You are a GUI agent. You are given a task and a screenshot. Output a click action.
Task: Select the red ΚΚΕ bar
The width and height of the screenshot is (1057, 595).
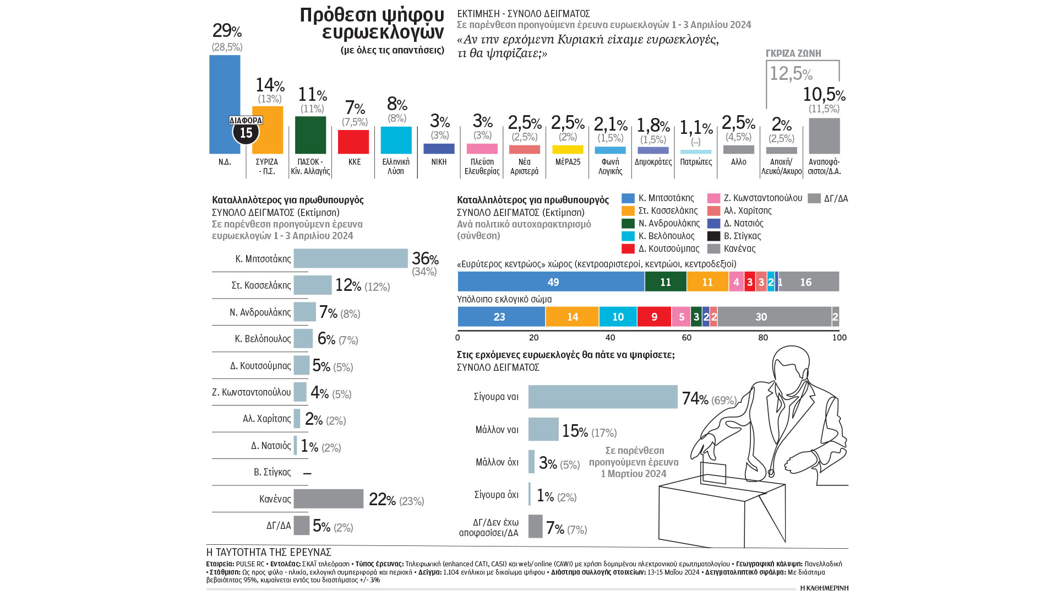tap(353, 142)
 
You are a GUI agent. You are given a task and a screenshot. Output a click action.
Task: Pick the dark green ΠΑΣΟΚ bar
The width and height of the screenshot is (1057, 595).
tap(310, 135)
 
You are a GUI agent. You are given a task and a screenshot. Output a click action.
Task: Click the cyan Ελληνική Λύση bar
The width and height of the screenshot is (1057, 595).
tap(396, 140)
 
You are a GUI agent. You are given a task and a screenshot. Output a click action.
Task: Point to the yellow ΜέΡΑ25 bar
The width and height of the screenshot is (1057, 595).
tap(568, 149)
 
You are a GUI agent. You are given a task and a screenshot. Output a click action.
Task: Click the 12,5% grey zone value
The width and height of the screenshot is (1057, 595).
tap(791, 73)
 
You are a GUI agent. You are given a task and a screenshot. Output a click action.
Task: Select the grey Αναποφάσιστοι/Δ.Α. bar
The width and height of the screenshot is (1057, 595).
tap(824, 136)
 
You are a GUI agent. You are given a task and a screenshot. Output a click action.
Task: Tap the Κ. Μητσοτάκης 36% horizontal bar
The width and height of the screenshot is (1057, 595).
tap(351, 258)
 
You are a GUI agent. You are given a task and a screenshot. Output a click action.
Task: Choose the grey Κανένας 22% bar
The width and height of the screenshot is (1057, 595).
tap(329, 499)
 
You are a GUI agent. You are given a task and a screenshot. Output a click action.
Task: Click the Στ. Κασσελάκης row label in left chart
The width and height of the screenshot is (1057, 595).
tap(261, 285)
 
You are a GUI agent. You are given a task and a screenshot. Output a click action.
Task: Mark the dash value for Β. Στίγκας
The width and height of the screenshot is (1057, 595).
tap(307, 473)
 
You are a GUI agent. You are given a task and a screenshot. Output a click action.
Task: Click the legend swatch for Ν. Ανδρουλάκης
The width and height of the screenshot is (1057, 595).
tap(628, 223)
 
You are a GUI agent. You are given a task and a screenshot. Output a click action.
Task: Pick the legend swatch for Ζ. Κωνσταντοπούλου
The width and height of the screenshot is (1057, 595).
tap(713, 198)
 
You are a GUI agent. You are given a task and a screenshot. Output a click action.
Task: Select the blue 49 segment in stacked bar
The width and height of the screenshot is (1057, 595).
tap(551, 282)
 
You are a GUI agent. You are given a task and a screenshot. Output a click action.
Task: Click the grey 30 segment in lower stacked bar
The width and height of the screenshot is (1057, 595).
tap(774, 317)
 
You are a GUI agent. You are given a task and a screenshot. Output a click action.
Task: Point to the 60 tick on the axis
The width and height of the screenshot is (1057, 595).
tap(686, 337)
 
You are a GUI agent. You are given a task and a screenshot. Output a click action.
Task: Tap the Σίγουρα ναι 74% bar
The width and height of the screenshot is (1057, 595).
tap(603, 397)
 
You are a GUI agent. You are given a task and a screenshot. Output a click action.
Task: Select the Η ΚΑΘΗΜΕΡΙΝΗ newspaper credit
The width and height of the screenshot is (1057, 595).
tap(824, 588)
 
